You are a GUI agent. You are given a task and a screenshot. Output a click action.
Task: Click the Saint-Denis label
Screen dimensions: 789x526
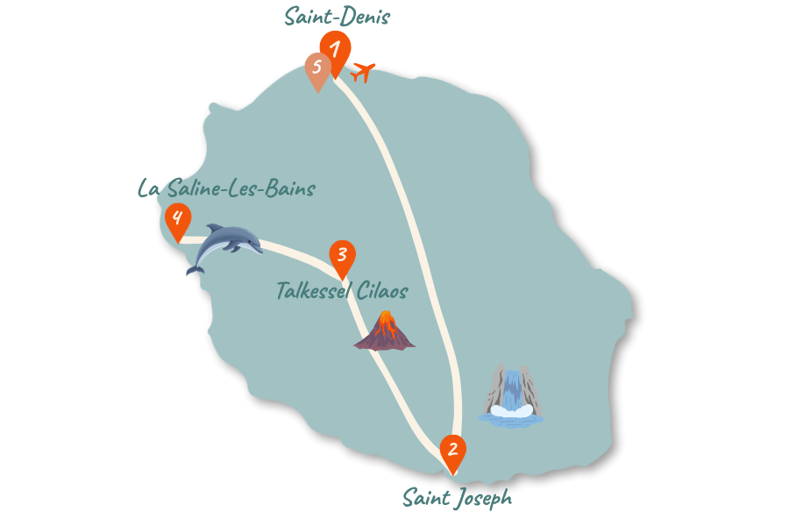338,16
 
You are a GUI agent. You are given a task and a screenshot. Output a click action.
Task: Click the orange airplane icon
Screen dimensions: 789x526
363,72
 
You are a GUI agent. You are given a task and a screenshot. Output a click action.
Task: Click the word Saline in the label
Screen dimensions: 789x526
194,188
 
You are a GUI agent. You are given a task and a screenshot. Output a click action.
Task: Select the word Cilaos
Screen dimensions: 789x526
382,291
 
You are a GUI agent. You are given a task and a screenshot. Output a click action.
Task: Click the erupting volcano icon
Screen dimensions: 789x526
385,331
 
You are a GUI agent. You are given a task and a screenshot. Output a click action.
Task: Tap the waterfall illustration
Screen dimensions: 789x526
511,395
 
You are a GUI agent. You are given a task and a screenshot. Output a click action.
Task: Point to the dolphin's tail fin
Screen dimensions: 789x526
195,270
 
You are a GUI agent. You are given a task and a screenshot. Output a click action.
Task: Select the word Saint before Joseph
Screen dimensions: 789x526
426,498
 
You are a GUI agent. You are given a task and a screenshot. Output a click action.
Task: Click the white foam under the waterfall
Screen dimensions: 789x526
511,411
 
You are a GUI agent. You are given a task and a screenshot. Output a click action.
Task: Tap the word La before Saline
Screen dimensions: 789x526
149,188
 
